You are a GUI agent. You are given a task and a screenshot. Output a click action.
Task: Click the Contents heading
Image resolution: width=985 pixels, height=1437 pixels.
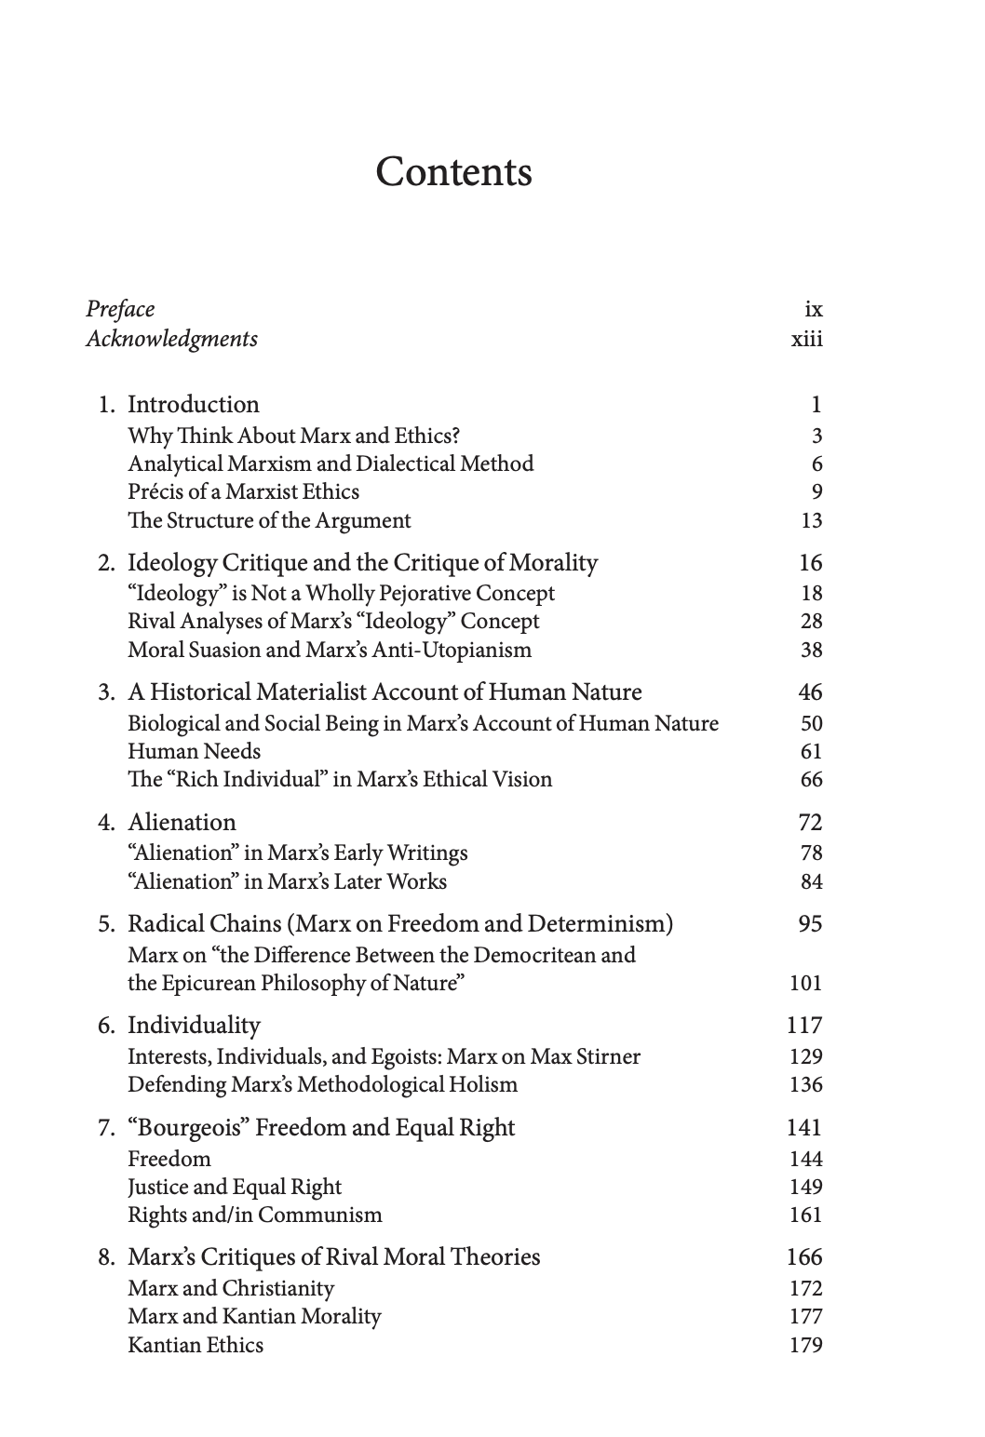click(453, 172)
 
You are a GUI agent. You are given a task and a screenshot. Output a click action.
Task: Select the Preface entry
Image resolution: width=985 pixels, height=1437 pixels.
click(120, 309)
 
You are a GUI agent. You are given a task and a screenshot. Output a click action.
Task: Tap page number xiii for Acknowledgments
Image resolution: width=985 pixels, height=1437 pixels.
click(806, 338)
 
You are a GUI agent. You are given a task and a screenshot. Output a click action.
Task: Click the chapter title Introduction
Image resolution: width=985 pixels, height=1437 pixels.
click(193, 404)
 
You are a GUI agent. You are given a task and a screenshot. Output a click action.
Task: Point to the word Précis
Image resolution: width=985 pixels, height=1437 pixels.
click(154, 491)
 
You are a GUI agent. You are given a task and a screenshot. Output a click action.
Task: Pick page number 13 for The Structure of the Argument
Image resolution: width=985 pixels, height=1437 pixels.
click(811, 520)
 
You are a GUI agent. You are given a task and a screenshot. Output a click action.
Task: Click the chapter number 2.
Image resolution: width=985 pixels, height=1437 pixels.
click(107, 563)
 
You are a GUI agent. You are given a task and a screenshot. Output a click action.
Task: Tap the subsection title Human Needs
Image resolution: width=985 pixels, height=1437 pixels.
click(194, 751)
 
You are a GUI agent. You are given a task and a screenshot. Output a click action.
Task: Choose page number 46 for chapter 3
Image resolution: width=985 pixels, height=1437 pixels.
click(810, 692)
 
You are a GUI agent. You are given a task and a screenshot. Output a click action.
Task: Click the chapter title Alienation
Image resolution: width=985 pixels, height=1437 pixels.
click(182, 822)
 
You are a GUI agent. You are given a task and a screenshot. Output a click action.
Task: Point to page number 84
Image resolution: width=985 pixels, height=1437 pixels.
click(811, 881)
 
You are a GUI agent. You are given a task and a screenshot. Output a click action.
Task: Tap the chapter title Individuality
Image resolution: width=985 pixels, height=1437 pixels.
click(194, 1025)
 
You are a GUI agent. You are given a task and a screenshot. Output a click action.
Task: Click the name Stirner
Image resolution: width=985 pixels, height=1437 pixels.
click(606, 1056)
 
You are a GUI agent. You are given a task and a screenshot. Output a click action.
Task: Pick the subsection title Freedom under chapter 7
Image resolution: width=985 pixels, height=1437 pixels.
click(169, 1159)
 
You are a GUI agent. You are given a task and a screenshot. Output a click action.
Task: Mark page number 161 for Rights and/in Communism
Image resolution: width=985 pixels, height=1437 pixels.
click(805, 1215)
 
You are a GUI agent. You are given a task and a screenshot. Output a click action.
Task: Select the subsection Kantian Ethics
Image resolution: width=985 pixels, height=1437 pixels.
click(196, 1345)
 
